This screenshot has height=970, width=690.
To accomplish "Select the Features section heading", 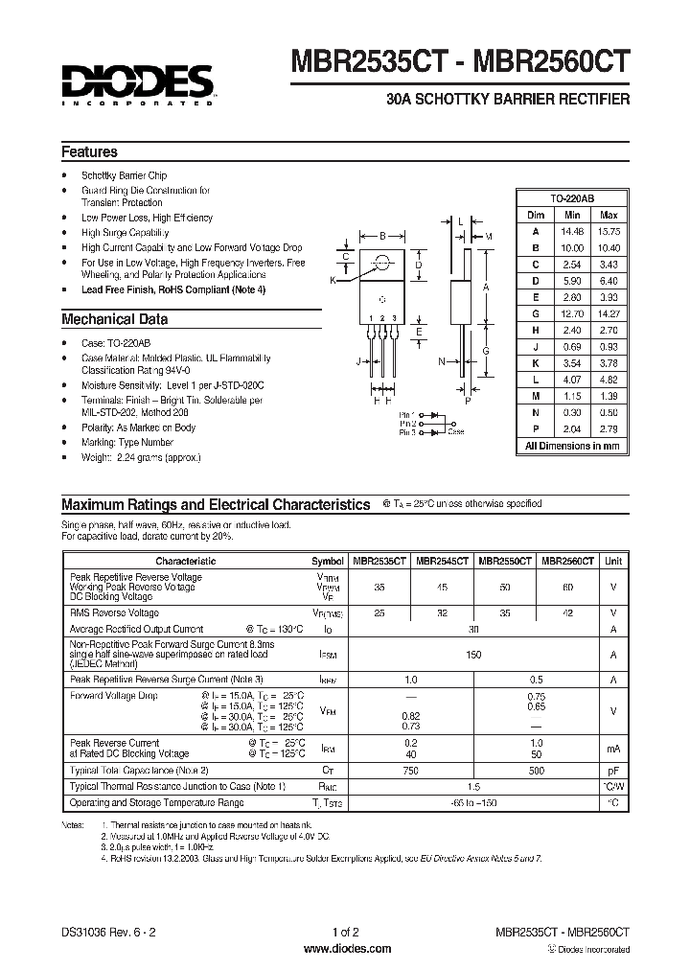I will tap(89, 152).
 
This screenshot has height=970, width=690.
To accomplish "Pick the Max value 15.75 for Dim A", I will tap(609, 230).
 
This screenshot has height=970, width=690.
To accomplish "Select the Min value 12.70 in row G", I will tap(573, 312).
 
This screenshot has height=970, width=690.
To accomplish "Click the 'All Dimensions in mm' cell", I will tap(573, 446).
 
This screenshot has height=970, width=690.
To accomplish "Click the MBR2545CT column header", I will tap(443, 561).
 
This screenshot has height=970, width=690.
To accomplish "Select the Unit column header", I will tap(613, 561).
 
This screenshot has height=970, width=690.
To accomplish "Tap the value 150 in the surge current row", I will tap(472, 654).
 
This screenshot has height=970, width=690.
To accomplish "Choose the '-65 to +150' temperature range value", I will tap(472, 801).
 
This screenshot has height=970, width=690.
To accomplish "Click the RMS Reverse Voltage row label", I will tap(115, 612).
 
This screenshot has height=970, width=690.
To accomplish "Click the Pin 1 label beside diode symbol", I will tap(408, 414).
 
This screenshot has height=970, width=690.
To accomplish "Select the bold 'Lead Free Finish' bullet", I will tap(173, 289).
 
